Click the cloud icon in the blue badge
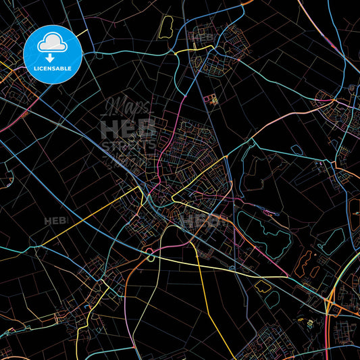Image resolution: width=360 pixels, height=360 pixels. [x=53, y=43]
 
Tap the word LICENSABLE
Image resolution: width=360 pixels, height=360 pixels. [x=53, y=69]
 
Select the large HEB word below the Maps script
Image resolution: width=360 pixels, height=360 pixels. [x=128, y=128]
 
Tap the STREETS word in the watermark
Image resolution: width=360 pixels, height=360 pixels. [x=128, y=144]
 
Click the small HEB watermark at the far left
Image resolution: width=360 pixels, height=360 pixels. [x=53, y=221]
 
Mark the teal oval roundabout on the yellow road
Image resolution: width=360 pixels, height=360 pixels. [x=150, y=255]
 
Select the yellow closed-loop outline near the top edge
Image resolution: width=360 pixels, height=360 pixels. [x=166, y=27]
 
